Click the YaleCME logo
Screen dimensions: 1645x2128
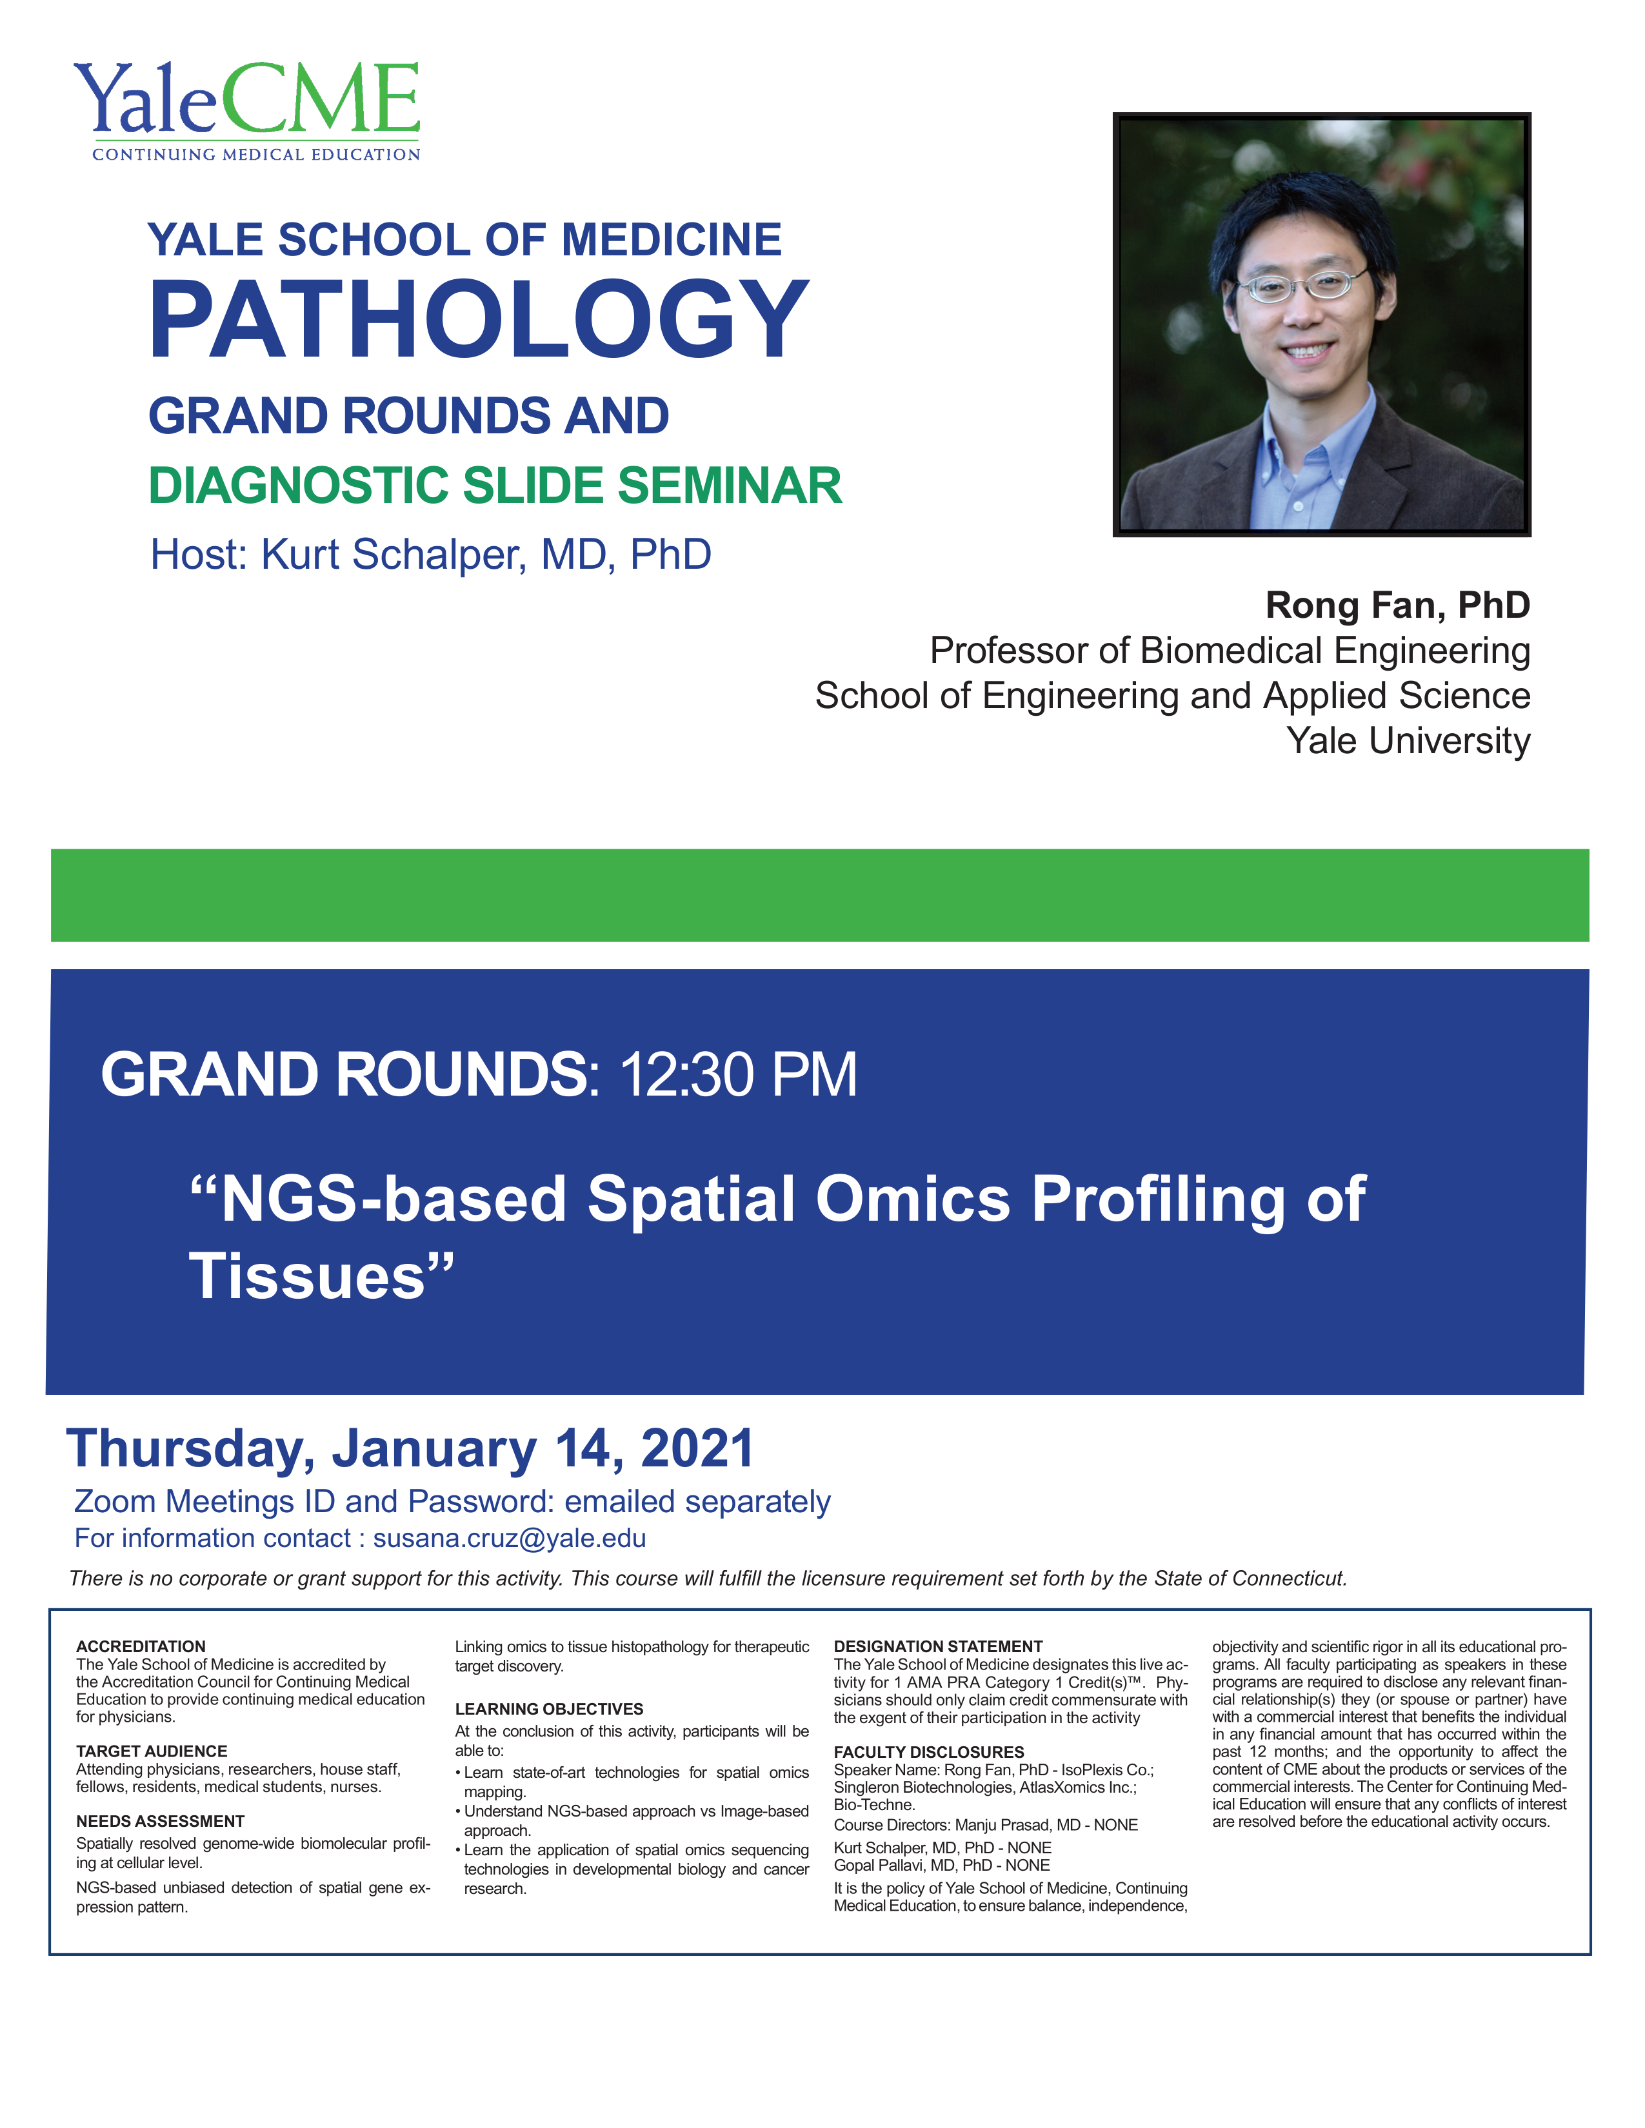tap(246, 111)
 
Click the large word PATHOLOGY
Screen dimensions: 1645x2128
tap(479, 320)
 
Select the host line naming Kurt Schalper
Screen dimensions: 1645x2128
tap(431, 555)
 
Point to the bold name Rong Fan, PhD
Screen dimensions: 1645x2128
tap(1397, 605)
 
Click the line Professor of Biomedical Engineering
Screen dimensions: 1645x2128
tap(1230, 651)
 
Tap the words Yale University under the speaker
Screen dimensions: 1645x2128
tap(1408, 740)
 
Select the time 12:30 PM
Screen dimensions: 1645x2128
tap(738, 1075)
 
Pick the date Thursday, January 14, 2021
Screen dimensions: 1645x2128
tap(410, 1448)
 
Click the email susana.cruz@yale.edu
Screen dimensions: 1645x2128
tap(510, 1539)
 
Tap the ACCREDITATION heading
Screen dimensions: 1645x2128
tap(141, 1647)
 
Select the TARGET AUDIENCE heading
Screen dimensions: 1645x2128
tap(152, 1751)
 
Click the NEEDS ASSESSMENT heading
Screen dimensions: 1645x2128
tap(161, 1821)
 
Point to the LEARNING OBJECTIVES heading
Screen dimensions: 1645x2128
tap(550, 1709)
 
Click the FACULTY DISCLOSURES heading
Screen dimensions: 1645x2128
tap(929, 1752)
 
